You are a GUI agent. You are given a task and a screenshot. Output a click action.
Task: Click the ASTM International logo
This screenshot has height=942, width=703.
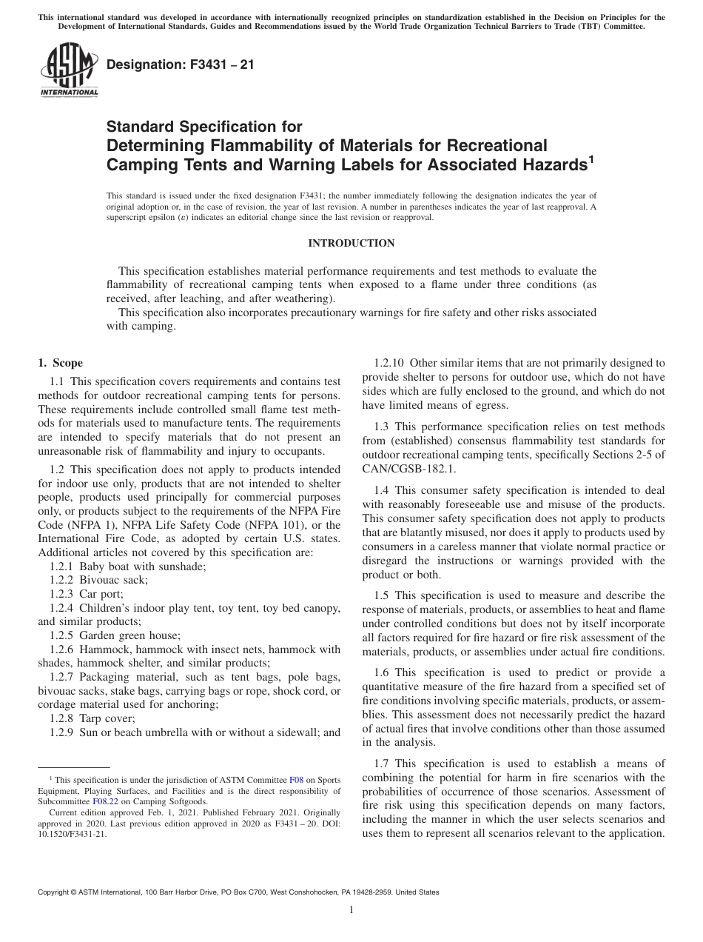pyautogui.click(x=67, y=70)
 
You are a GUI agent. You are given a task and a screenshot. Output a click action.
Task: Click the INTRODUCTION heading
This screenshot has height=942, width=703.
pyautogui.click(x=351, y=243)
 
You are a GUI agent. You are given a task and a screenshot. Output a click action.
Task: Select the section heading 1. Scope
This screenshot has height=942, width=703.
pyautogui.click(x=61, y=363)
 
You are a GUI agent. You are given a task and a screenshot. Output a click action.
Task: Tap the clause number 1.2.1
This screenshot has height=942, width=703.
pyautogui.click(x=62, y=566)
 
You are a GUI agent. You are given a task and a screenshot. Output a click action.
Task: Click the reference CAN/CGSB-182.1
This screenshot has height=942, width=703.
pyautogui.click(x=408, y=469)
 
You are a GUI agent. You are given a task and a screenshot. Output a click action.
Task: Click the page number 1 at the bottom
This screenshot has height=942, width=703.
pyautogui.click(x=351, y=912)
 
